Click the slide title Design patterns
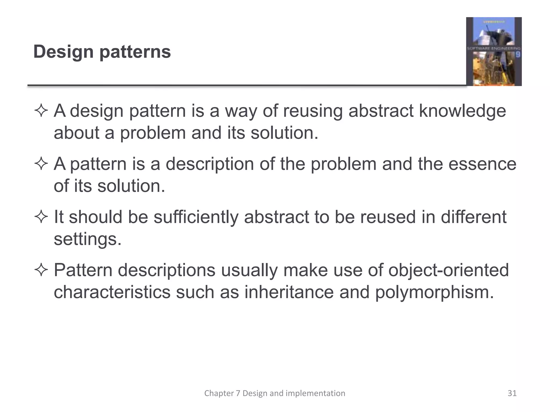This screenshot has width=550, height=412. (102, 52)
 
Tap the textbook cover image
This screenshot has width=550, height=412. (494, 51)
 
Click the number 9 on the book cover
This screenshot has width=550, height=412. (518, 55)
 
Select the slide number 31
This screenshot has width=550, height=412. (512, 393)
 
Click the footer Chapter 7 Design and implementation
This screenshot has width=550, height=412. (275, 393)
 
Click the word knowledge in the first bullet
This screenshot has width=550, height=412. (462, 111)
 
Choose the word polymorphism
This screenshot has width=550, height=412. (434, 292)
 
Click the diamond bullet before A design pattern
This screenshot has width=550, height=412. (41, 111)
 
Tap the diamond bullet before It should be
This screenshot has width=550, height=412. (41, 217)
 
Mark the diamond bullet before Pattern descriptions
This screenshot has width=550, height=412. (41, 270)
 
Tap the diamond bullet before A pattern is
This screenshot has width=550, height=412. (41, 164)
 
